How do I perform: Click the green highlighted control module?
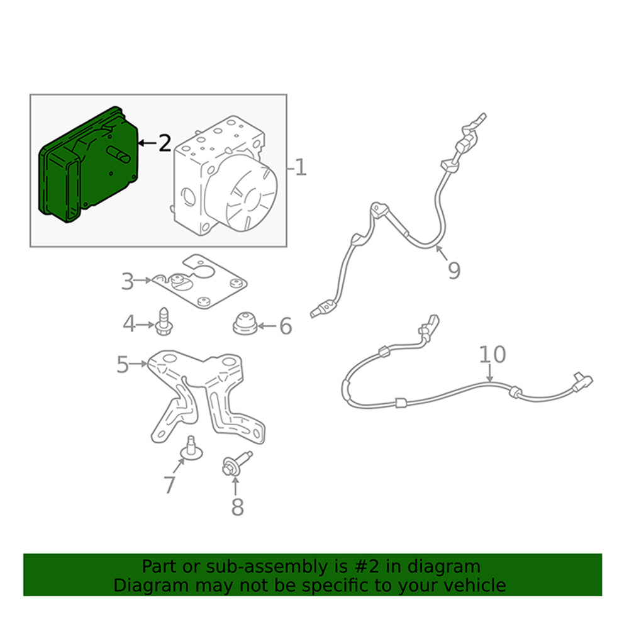click(88, 167)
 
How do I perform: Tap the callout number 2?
click(164, 143)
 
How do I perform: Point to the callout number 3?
click(128, 281)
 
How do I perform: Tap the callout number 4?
click(129, 325)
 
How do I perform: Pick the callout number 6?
click(286, 326)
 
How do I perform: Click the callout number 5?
click(123, 364)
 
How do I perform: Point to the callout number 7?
click(169, 485)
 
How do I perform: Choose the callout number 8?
click(237, 506)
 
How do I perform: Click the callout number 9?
click(454, 270)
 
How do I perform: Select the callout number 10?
click(493, 354)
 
